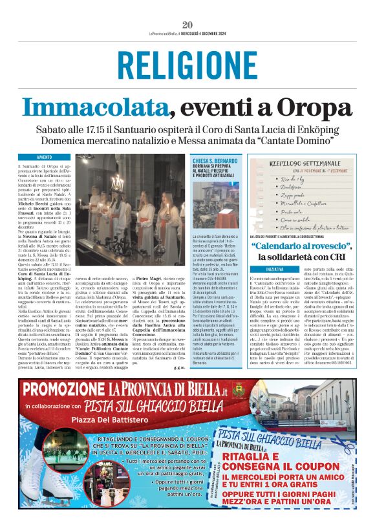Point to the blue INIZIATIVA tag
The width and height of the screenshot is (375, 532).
coord(265,268)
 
